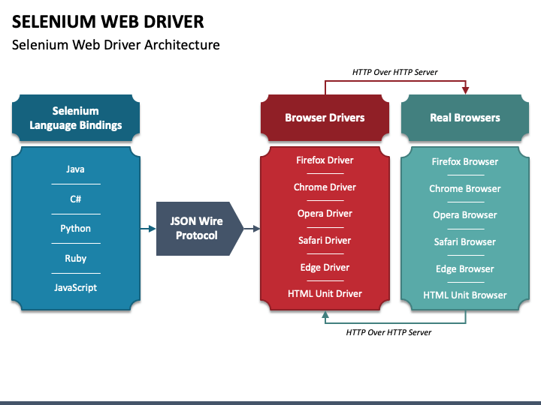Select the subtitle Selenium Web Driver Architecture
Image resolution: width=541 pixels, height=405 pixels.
point(116,45)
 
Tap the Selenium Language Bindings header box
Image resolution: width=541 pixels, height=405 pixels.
point(76,118)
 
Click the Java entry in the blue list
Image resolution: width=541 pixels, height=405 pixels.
point(75,169)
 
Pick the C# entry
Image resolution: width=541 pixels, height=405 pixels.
point(75,199)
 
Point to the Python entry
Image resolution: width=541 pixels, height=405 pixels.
point(75,228)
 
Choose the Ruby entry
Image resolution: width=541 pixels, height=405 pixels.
point(75,258)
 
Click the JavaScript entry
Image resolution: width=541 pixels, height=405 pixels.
point(75,287)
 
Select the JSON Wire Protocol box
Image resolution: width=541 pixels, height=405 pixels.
point(198,228)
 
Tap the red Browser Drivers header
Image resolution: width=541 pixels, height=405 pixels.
point(325,118)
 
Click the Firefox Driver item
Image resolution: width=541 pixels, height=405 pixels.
point(325,160)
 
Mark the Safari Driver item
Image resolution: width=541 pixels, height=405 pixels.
point(325,240)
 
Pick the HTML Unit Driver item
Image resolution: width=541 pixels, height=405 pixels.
point(325,293)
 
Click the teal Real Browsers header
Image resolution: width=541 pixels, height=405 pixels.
point(464,118)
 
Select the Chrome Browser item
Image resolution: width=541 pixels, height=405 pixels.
point(464,188)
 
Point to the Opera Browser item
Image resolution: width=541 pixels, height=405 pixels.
point(464,214)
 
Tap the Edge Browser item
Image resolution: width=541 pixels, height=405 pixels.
point(464,268)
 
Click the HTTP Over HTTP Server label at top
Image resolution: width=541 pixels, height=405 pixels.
point(394,72)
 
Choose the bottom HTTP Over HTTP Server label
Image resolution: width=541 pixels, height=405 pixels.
point(388,331)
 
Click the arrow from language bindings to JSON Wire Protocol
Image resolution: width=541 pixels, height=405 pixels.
point(147,228)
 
